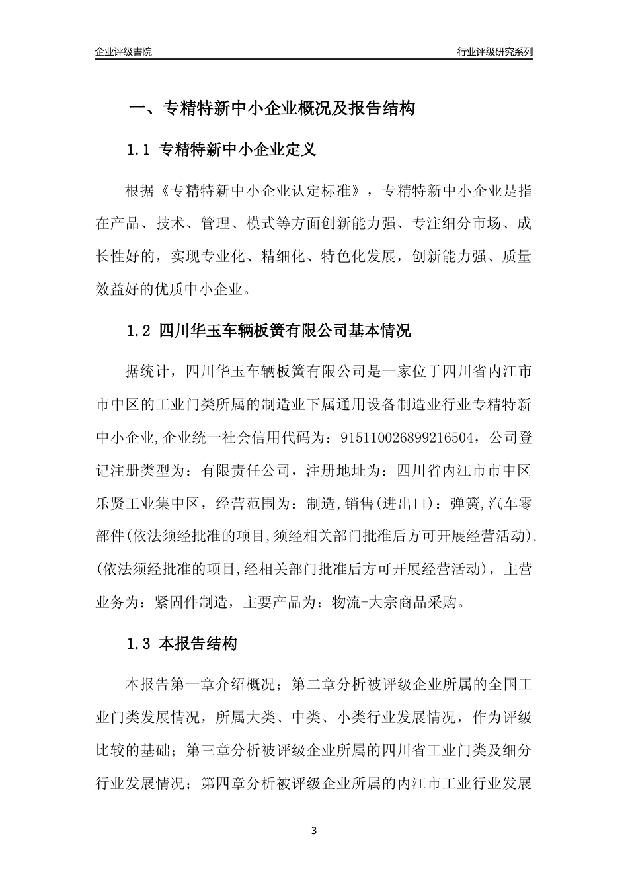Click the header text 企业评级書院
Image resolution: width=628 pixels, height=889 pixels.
(124, 52)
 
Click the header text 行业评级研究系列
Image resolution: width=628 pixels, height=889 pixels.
(494, 52)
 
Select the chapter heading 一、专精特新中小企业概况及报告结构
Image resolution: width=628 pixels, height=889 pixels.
(271, 108)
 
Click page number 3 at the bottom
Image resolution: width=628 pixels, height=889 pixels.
(314, 831)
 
